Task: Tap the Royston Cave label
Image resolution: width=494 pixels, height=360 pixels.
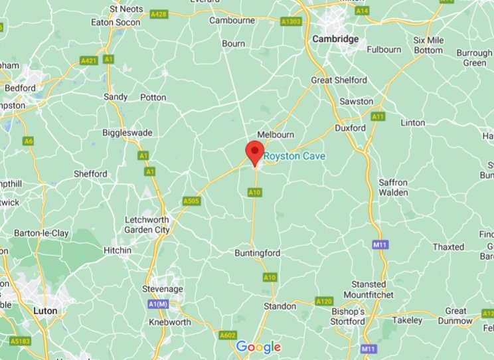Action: point(295,156)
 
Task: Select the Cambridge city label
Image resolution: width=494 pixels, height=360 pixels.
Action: point(335,39)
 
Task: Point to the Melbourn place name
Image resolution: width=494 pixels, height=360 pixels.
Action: point(275,134)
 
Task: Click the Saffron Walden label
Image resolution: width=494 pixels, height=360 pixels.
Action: point(393,187)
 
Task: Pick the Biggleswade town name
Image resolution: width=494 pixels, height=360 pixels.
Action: point(127,133)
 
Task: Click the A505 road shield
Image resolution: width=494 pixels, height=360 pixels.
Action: point(190,201)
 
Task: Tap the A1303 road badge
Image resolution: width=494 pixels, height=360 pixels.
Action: point(290,22)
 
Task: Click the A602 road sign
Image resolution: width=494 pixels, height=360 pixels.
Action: point(228,335)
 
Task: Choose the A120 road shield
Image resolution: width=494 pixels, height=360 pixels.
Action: point(323,302)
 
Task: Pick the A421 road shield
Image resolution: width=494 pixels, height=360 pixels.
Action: point(88,61)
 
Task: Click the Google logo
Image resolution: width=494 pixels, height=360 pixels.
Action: point(258,347)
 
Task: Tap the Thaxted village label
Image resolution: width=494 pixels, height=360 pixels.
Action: point(448,246)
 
